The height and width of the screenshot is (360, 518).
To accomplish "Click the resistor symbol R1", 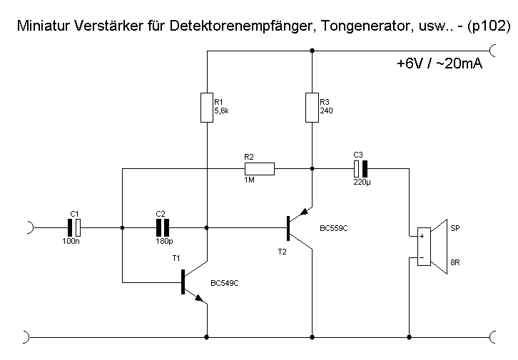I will click(208, 108).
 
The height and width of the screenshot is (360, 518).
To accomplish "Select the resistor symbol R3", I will click(312, 108).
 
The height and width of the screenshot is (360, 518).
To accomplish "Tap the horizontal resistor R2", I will click(259, 169).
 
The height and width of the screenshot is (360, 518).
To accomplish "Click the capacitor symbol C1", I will click(75, 227).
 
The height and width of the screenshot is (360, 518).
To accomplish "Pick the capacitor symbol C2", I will click(163, 227).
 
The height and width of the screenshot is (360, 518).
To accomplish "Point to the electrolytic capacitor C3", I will click(360, 169).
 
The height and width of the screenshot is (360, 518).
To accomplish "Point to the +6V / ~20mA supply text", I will click(439, 63).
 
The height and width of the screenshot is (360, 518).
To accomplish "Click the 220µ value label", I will click(362, 182).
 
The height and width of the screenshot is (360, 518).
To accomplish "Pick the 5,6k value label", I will click(222, 111).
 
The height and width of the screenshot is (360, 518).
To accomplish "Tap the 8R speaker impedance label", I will click(455, 264).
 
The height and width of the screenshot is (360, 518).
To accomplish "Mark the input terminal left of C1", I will click(29, 227).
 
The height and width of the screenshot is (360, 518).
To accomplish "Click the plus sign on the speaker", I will click(422, 236).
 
